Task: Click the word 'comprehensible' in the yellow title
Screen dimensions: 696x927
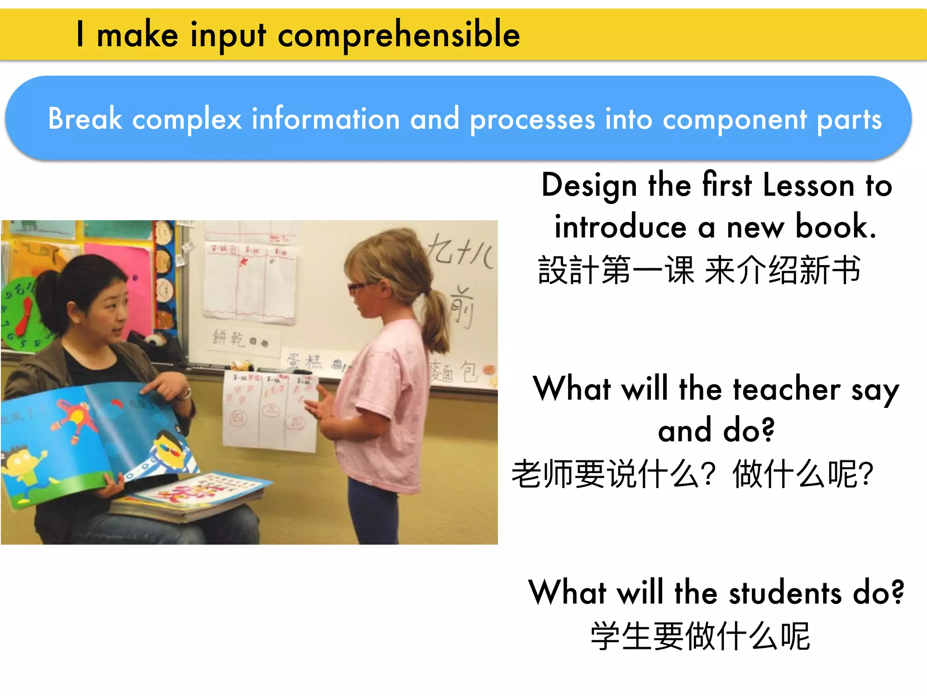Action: tap(399, 35)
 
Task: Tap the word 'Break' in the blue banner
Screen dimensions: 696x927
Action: tap(85, 119)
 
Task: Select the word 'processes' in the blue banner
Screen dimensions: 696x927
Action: tap(532, 120)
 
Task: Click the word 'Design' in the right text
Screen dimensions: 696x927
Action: tap(589, 186)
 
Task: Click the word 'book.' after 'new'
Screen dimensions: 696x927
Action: tap(836, 227)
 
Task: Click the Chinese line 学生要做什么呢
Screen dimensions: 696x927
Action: tap(700, 636)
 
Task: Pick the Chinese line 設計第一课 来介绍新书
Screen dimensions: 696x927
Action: tap(699, 270)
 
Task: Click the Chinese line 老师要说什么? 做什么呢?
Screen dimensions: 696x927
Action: tap(693, 474)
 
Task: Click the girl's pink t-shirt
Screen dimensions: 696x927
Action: tap(385, 399)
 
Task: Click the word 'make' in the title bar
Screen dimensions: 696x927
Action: tap(138, 35)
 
